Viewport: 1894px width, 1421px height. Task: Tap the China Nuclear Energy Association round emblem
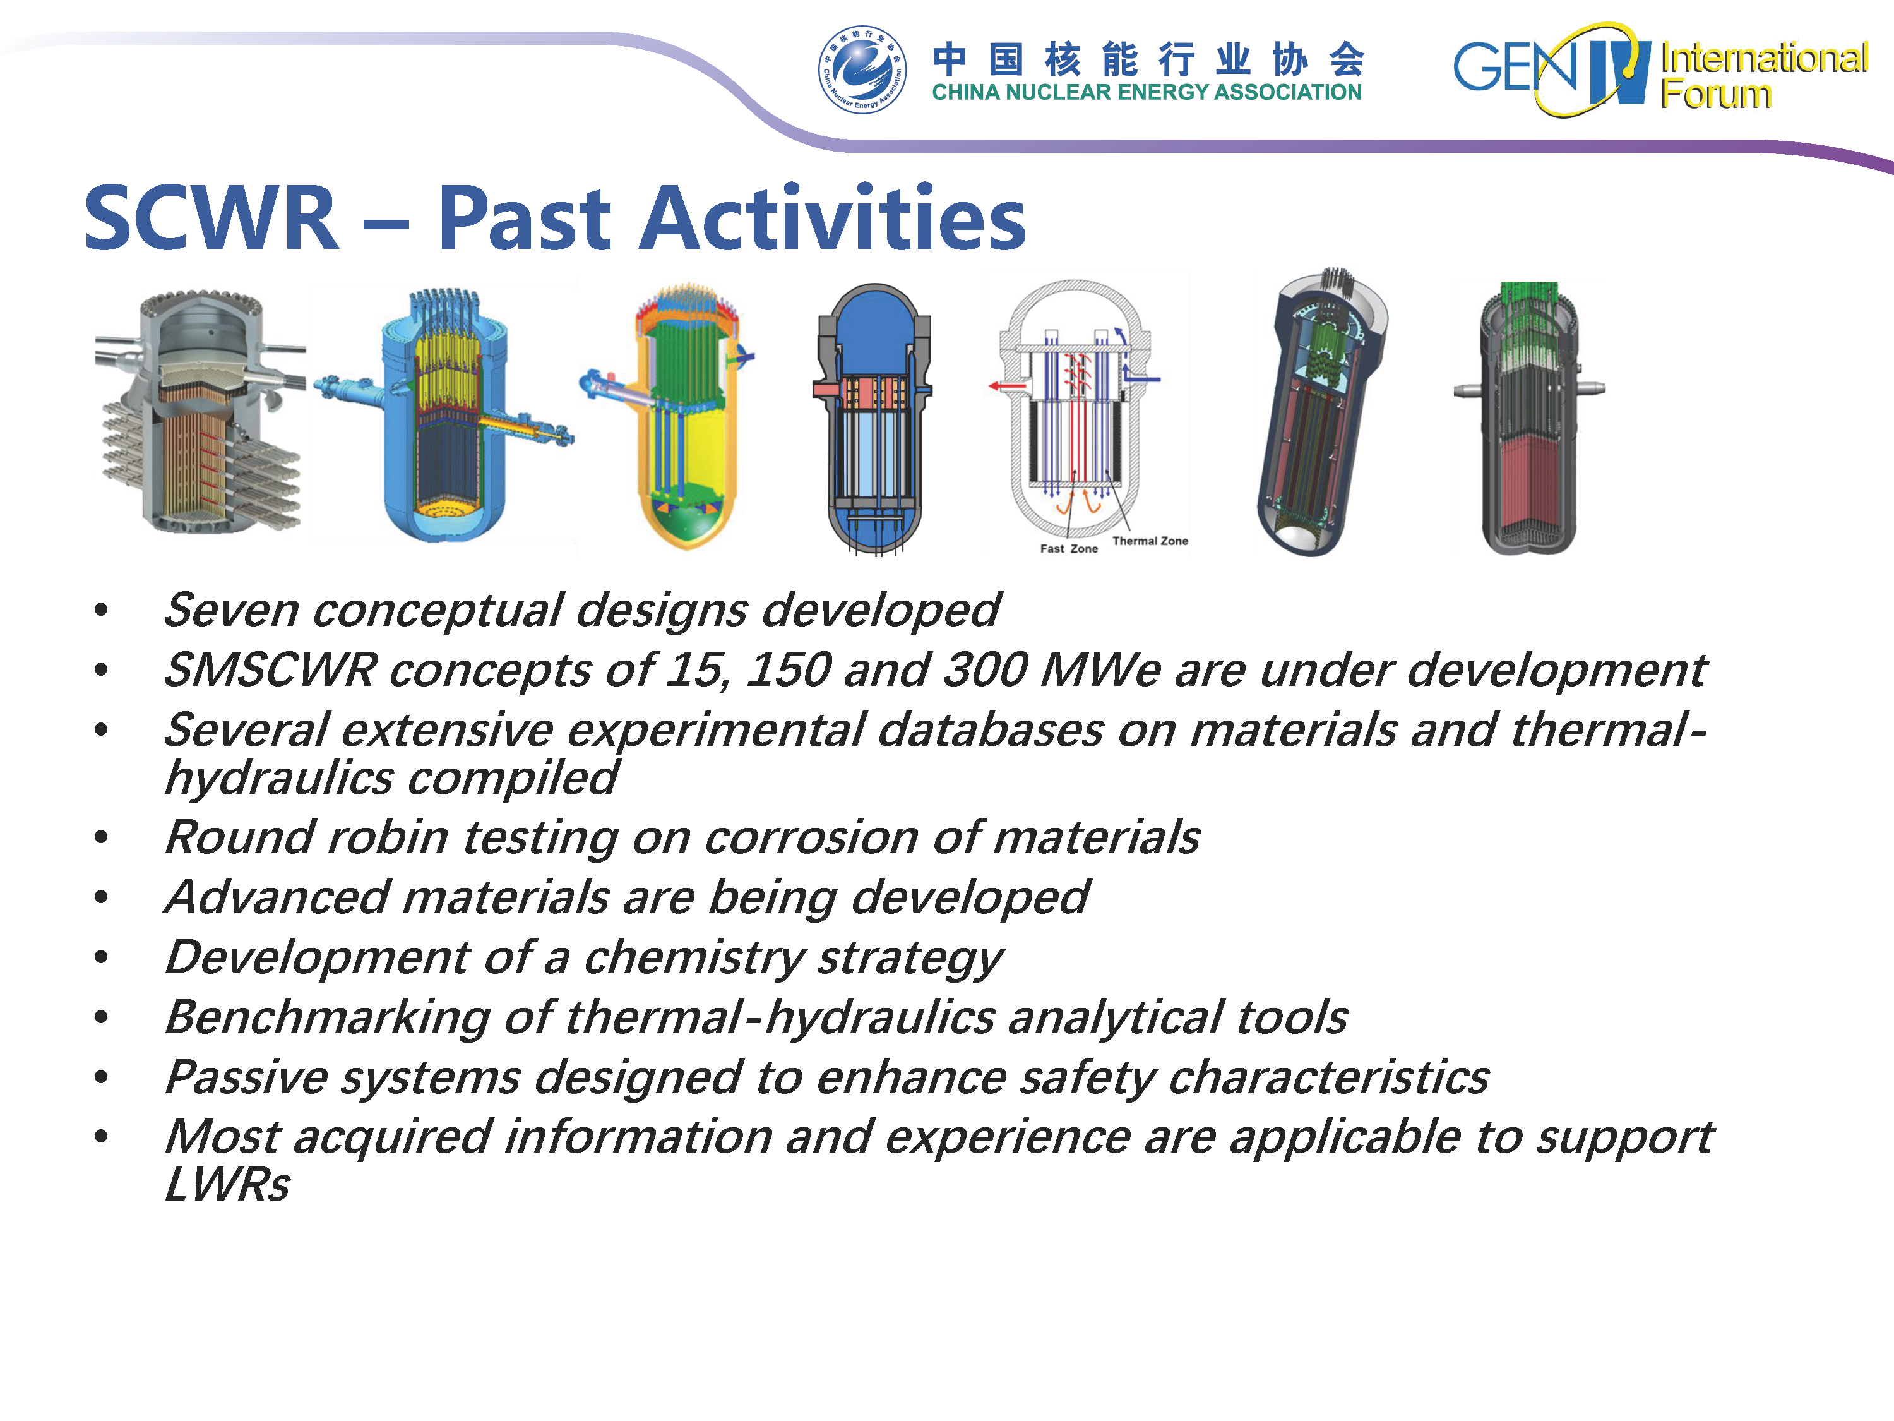861,69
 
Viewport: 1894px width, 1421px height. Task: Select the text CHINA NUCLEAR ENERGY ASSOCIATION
1147,92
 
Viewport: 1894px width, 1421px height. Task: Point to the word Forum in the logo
1715,94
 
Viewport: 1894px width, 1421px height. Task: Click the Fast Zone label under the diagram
1069,549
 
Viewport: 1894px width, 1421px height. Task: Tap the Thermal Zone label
1150,541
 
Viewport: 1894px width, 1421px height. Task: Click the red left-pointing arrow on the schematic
1008,387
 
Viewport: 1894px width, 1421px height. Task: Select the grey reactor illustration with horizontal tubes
200,412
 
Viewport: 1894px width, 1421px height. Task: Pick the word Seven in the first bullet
231,610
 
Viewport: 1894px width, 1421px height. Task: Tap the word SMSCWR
270,670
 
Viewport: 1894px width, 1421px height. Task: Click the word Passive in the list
246,1077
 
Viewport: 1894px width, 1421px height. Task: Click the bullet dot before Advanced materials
101,897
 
